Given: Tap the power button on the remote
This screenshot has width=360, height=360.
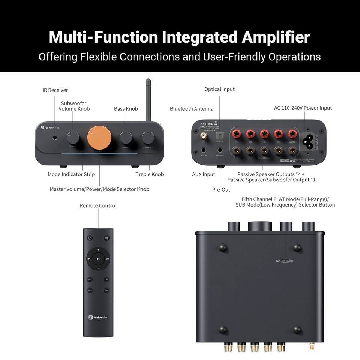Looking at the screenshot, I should point(90,238).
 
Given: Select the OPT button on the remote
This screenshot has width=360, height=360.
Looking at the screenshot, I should point(90,279).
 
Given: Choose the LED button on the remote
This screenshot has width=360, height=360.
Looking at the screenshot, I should point(106,290).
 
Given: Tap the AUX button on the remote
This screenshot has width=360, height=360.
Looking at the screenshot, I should point(90,290).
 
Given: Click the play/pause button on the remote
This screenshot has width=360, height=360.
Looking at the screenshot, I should point(98,258).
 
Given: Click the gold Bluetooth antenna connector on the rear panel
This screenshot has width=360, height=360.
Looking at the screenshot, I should point(204,135).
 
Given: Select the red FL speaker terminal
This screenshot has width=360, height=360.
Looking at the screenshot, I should point(237,134).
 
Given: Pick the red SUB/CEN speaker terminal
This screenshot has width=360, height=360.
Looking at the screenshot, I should point(292,134).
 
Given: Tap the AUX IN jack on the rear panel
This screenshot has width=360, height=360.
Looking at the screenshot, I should point(204,151).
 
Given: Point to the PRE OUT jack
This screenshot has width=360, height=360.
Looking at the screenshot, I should point(220,151).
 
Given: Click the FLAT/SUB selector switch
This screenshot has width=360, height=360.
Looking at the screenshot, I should point(285,261).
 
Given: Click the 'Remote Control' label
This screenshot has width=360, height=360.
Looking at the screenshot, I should point(98,205).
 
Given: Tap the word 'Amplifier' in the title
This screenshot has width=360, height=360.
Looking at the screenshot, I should point(276,37).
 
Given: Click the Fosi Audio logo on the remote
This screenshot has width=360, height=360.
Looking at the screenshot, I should point(98,317).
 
